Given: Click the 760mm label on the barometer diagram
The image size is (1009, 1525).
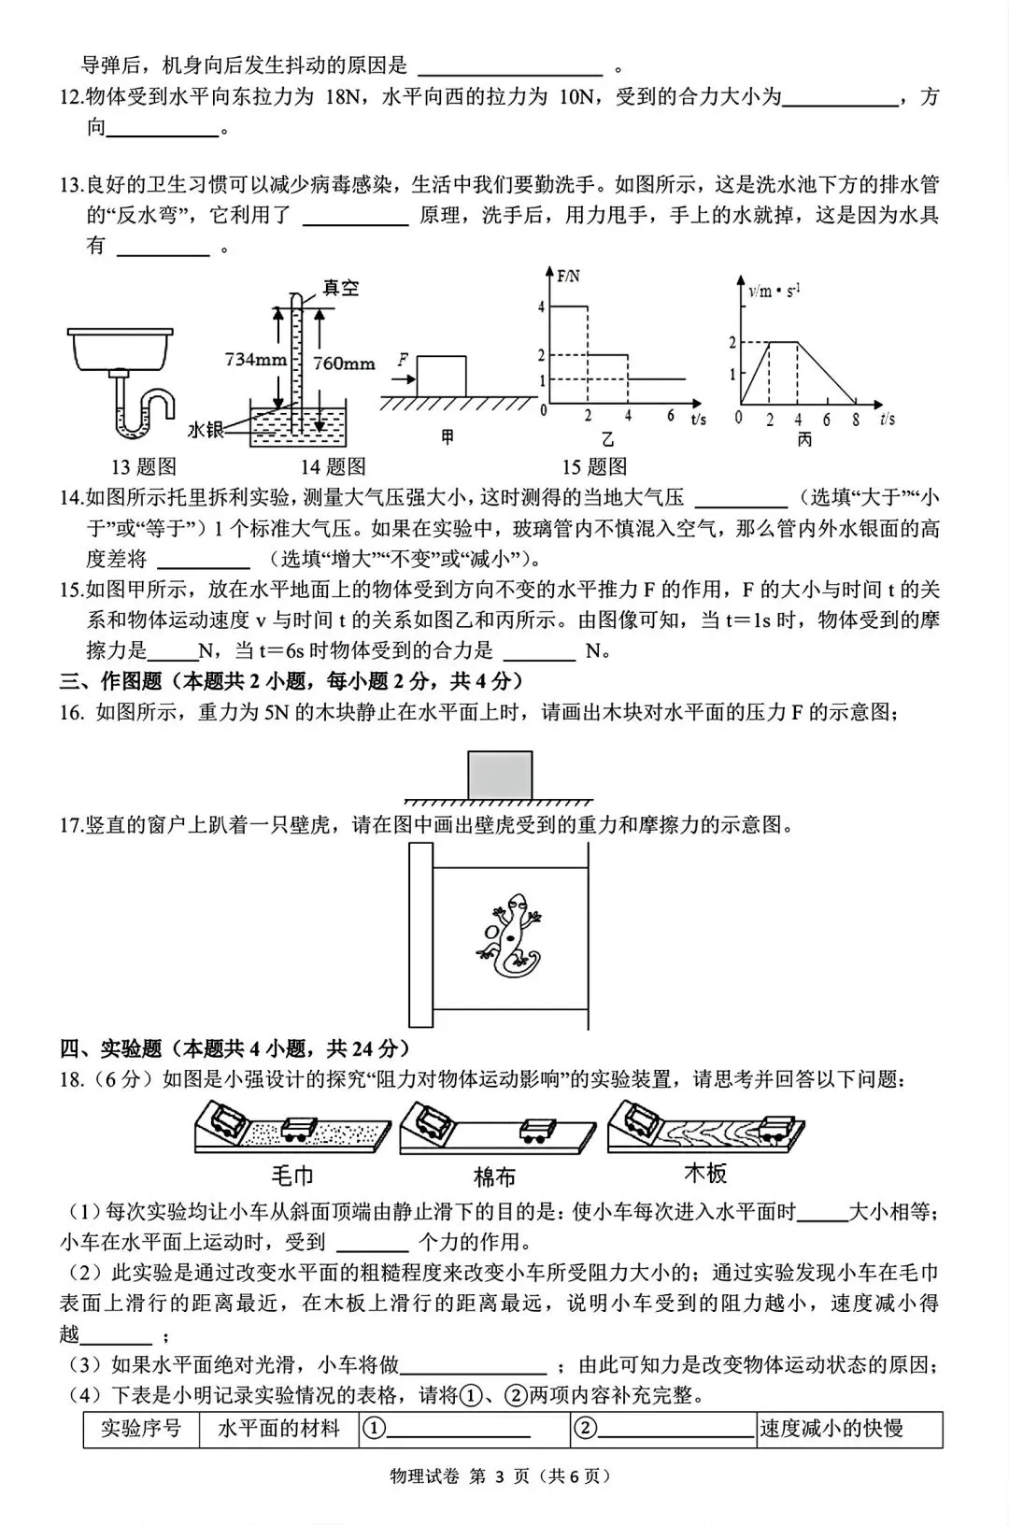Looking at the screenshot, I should point(344,364).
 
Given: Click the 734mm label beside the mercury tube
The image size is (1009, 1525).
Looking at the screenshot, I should point(255,358).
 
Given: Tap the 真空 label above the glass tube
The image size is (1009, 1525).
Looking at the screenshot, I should point(341,288).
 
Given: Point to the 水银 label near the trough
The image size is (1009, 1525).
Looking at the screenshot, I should point(206,429).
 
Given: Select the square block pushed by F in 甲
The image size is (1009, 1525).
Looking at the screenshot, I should point(441,376).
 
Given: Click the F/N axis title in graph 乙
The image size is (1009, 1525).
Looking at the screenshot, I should point(568,276).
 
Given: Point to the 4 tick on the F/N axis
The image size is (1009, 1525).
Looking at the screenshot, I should point(541,307).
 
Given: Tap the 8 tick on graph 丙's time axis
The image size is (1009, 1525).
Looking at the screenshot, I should point(856,420).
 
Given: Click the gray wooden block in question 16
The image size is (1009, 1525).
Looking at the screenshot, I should point(500,776).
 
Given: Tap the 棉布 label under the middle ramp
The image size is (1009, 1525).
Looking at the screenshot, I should point(494,1176).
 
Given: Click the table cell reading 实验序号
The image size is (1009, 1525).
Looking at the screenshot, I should point(141,1429).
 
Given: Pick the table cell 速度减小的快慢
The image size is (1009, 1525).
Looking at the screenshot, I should point(831,1429).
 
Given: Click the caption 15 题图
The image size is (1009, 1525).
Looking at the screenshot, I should point(594,466).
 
